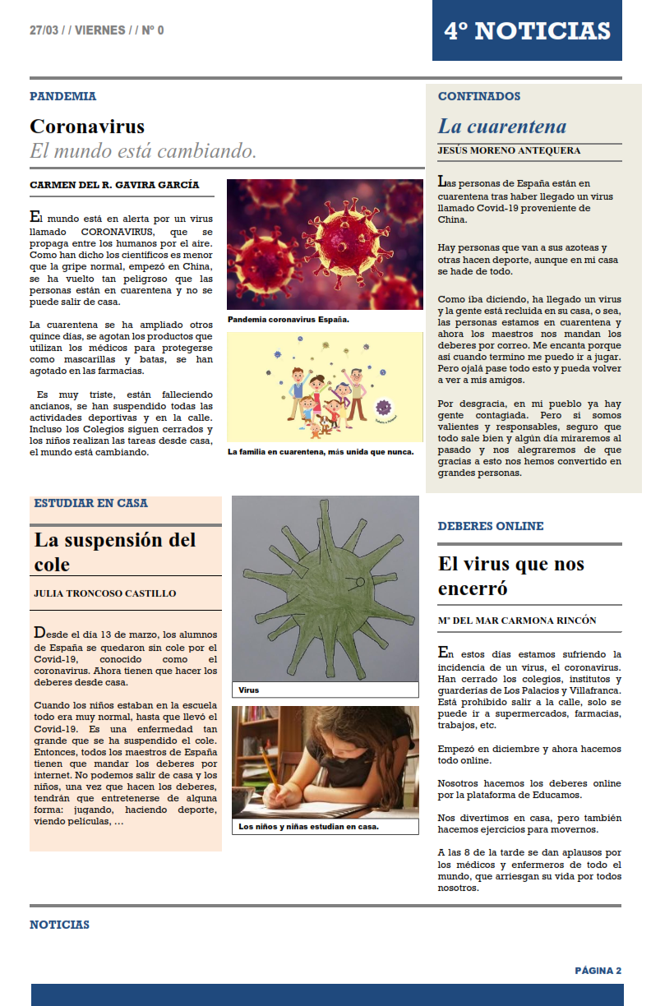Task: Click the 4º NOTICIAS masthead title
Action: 527,31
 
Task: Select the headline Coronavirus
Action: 87,127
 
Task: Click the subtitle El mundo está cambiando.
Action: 143,151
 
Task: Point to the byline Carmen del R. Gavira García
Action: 114,186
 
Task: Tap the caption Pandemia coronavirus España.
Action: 289,320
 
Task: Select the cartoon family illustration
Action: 325,385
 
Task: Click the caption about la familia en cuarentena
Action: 321,451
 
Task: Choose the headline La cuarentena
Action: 502,127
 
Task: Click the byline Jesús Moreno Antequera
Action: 509,151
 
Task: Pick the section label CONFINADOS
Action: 479,96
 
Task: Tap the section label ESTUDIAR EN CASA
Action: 91,503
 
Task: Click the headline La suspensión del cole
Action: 115,551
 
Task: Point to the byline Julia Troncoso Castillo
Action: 104,593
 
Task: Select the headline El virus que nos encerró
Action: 511,576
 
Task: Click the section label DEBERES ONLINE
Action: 491,526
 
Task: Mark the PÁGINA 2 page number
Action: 598,971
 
